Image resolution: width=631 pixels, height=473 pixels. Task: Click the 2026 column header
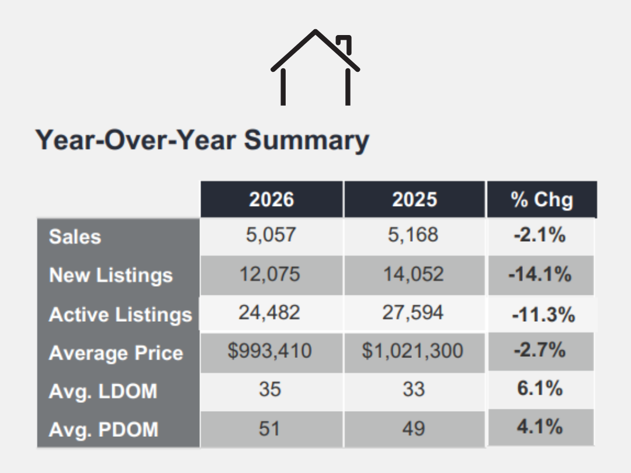pos(272,200)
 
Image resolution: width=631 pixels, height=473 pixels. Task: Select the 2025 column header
pos(414,200)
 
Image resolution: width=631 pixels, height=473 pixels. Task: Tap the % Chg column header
pos(542,200)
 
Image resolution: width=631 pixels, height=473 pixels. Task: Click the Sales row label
pos(75,236)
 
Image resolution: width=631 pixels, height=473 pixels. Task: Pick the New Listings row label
pos(110,276)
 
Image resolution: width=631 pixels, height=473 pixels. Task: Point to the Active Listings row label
pos(120,315)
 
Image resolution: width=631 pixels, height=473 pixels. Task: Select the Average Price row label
pos(116,353)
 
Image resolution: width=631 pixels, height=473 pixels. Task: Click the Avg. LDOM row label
pos(103,391)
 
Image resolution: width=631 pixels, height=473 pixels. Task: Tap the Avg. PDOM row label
pos(103,430)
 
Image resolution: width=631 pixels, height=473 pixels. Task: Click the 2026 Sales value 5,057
pos(271,235)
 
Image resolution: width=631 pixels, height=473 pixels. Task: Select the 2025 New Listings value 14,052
pos(413,274)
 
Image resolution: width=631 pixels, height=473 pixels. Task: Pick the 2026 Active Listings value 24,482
pos(269,312)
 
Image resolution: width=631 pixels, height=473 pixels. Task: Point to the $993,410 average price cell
pos(269,351)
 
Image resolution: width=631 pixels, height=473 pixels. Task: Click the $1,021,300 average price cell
pos(412,351)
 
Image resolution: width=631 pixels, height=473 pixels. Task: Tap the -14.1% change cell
pos(540,274)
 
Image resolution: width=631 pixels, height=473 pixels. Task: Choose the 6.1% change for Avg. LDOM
pos(540,388)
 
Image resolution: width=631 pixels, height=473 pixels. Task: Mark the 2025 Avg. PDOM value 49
pos(413,429)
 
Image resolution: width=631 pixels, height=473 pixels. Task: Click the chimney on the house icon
pos(345,43)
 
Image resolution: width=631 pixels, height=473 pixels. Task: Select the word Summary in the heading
pos(307,141)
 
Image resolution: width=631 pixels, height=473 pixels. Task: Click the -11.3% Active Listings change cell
pos(543,315)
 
